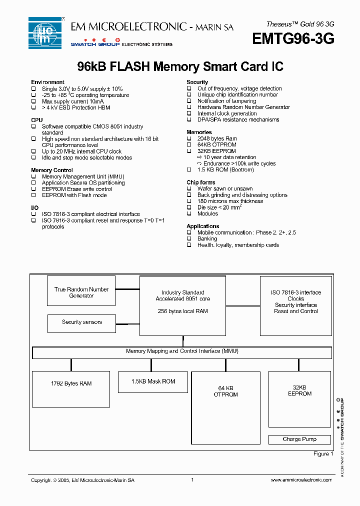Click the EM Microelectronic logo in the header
pos(44,33)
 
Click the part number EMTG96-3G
pos(293,39)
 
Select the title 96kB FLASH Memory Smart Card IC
pos(180,66)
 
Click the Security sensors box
pos(81,323)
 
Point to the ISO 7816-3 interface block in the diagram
pos(296,305)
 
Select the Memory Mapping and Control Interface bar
pos(182,352)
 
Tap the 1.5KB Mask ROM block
pos(153,382)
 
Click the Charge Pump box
pos(299,439)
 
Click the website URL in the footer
pos(301,480)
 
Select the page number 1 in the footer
pos(192,480)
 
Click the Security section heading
pos(197,82)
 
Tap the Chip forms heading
pos(200,182)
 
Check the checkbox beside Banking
pos(189,239)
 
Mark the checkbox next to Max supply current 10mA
pos(33,101)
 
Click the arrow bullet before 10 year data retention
pos(199,157)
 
